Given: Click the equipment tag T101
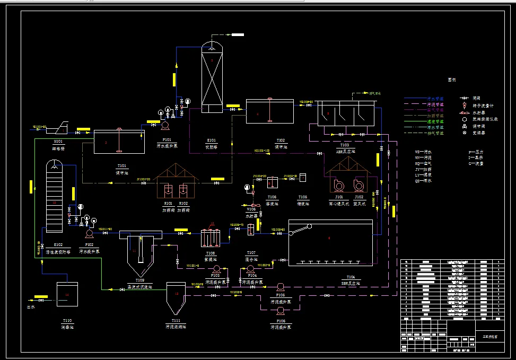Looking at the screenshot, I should (x=122, y=166).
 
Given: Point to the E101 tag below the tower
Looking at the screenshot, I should (x=211, y=141).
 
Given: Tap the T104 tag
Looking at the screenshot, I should (x=351, y=277).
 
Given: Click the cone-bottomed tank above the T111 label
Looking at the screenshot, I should (x=176, y=297).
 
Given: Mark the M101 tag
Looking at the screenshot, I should (x=59, y=142).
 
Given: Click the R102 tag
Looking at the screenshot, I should (x=183, y=203).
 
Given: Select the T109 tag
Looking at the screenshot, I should (x=139, y=280).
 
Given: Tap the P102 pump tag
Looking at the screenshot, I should (x=89, y=245).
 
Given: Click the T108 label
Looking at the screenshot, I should (x=210, y=253).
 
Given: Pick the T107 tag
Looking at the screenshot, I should (x=251, y=252).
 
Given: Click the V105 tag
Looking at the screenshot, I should (x=251, y=209).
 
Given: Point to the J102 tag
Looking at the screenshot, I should (x=359, y=197).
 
